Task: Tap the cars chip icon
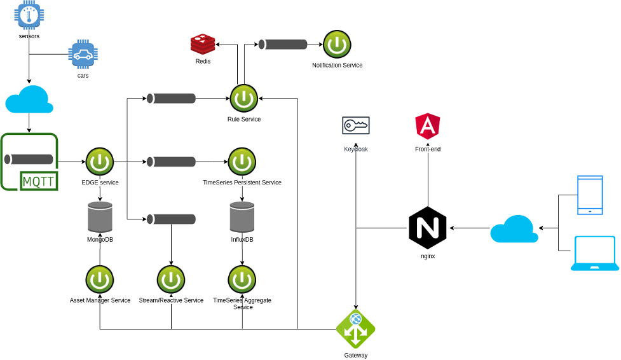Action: pyautogui.click(x=83, y=55)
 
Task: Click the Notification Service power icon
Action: pyautogui.click(x=337, y=45)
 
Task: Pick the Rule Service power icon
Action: pyautogui.click(x=243, y=99)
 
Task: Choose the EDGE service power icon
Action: pyautogui.click(x=100, y=162)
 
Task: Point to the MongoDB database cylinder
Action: pyautogui.click(x=100, y=218)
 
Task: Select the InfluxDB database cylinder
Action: pyautogui.click(x=242, y=218)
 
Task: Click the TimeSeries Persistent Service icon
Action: pyautogui.click(x=242, y=162)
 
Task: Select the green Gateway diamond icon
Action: pyautogui.click(x=355, y=329)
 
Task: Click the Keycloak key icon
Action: pyautogui.click(x=356, y=126)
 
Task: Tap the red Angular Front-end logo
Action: pyautogui.click(x=427, y=127)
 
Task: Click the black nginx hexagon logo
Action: pyautogui.click(x=427, y=228)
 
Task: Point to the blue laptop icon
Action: pyautogui.click(x=595, y=254)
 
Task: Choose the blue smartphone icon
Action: pyautogui.click(x=589, y=195)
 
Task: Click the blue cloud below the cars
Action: pyautogui.click(x=29, y=99)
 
